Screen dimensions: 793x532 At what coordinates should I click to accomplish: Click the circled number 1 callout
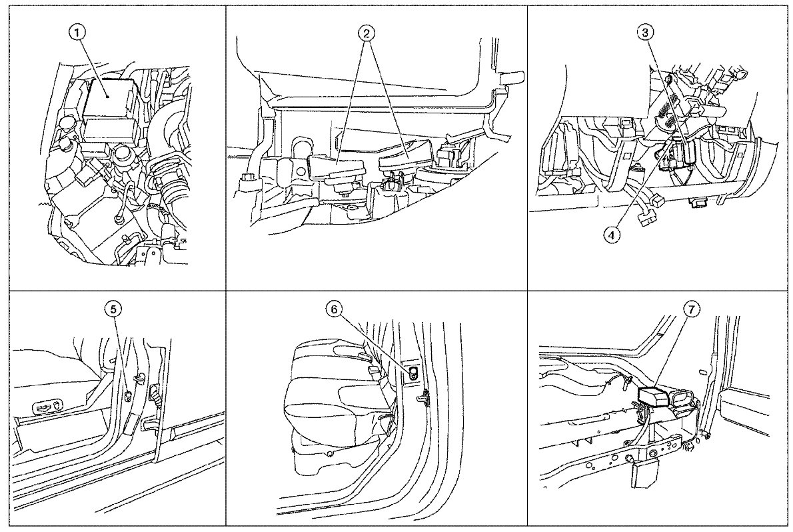77,33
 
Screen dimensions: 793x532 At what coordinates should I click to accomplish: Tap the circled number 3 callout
645,33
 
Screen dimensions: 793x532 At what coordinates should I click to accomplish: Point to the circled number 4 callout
612,235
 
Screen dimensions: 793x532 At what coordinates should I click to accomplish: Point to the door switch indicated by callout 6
414,373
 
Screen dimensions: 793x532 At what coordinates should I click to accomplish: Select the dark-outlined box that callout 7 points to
655,395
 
